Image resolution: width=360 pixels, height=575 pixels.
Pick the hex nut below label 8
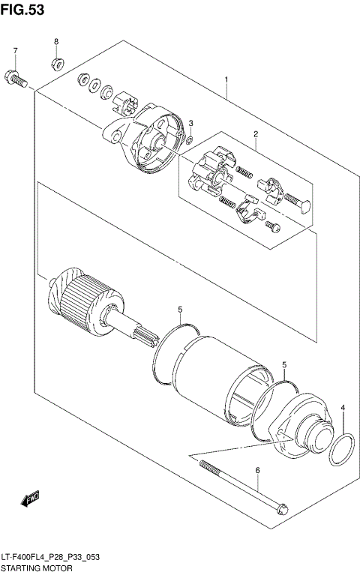click(x=56, y=61)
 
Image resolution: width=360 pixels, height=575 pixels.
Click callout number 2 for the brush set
click(x=255, y=135)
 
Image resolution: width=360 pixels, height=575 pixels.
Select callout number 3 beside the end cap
click(x=190, y=123)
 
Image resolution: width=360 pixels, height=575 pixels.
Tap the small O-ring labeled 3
click(x=190, y=139)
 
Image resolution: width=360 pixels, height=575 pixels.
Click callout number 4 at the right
click(x=343, y=409)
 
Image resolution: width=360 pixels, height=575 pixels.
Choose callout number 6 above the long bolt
click(x=257, y=470)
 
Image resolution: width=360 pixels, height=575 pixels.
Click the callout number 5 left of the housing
click(x=180, y=309)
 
